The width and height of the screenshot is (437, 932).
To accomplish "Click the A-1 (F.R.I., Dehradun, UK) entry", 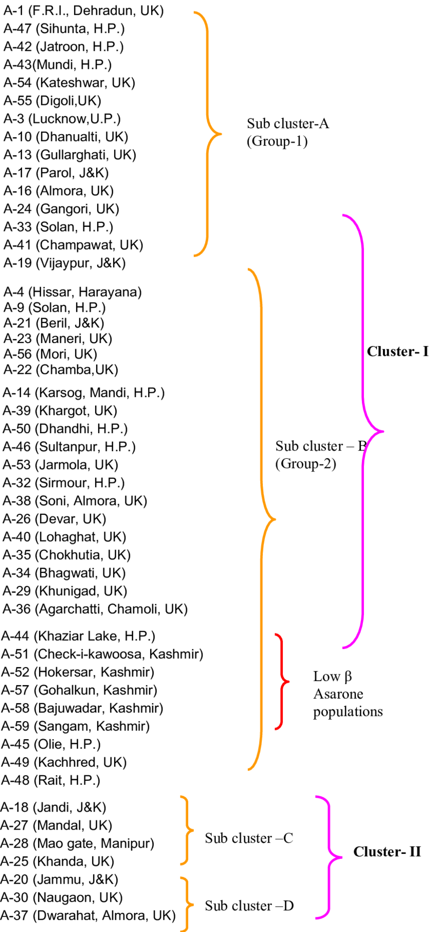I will click(x=83, y=11).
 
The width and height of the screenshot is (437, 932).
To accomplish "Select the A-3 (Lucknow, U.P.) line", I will click(x=62, y=119).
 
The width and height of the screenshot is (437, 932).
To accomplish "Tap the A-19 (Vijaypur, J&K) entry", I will click(x=64, y=263).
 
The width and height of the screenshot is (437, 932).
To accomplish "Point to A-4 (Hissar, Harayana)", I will click(x=72, y=292).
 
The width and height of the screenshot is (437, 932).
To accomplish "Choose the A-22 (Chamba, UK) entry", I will click(x=61, y=369).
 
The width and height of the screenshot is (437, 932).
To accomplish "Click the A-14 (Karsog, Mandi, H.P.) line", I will click(x=83, y=393).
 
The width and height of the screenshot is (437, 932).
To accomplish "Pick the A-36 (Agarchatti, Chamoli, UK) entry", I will click(x=95, y=609).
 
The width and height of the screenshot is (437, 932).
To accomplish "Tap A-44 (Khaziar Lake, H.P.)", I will click(x=78, y=636).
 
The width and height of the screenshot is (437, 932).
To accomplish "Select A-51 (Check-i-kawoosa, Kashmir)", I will click(x=102, y=654).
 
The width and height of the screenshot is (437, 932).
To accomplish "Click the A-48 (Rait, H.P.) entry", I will click(x=50, y=780).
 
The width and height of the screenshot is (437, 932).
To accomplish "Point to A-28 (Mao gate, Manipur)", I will click(x=77, y=844).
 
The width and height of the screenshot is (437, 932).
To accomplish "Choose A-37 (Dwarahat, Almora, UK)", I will click(x=88, y=916).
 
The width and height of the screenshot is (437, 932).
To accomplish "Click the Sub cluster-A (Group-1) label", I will click(x=287, y=132).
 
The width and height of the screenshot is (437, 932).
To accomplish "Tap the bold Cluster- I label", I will click(x=397, y=352).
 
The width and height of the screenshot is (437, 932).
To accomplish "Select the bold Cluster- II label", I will click(x=387, y=852).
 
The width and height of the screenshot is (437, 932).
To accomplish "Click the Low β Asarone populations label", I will click(x=348, y=694).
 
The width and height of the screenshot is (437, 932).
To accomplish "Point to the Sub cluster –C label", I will click(x=249, y=838).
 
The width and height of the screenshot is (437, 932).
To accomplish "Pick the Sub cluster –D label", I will click(x=249, y=906).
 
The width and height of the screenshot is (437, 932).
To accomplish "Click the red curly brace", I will click(x=282, y=682).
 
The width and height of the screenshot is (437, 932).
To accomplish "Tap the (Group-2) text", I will click(x=305, y=464).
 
